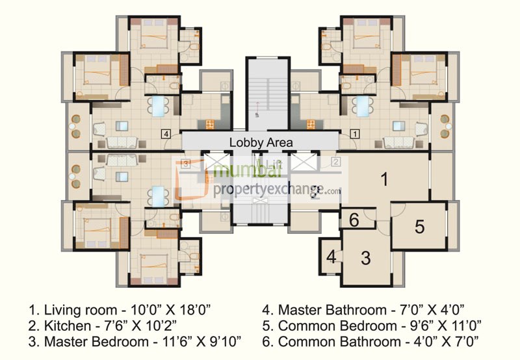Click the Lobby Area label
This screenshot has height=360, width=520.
(261, 142)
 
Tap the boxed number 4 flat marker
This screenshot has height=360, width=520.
(167, 134)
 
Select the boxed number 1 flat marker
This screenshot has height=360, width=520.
(355, 134)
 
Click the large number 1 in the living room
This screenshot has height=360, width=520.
(384, 179)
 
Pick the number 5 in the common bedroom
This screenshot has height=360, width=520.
(420, 227)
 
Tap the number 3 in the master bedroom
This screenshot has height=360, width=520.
(366, 258)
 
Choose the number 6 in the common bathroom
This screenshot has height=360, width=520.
(354, 220)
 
